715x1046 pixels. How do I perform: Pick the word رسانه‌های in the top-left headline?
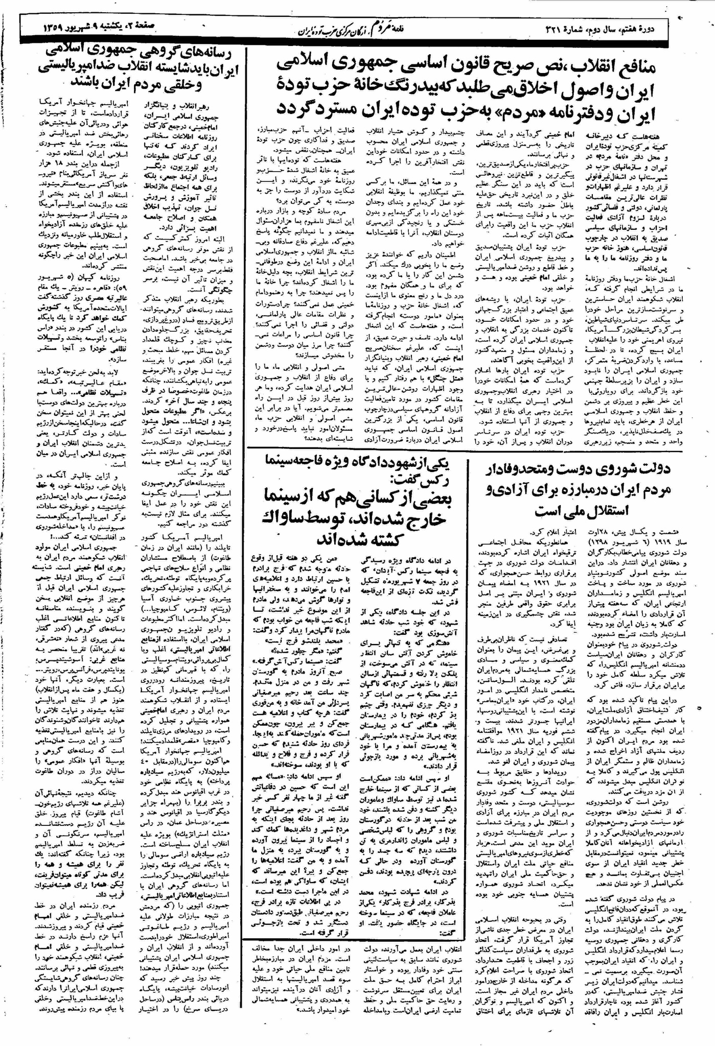click(209, 52)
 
